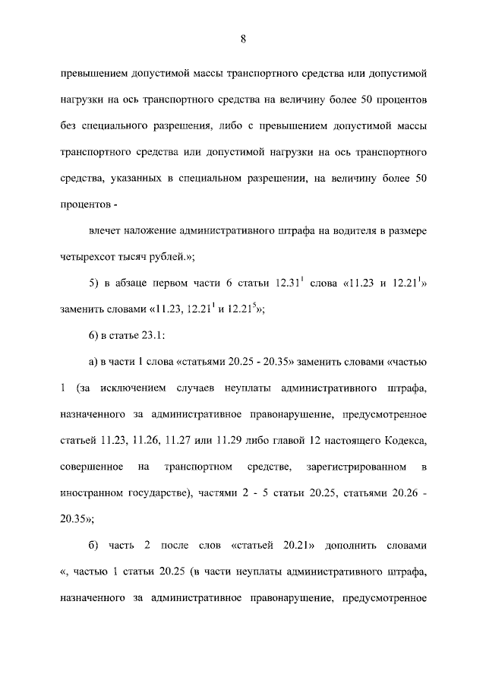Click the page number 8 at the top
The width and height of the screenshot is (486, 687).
(x=242, y=40)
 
